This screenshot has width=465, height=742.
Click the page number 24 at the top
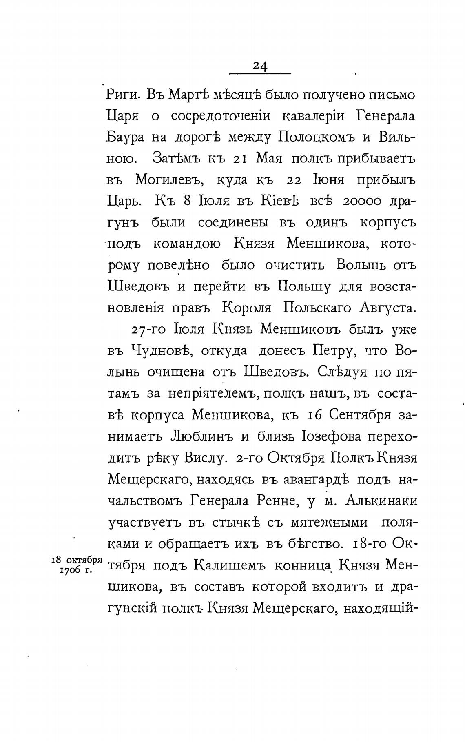pyautogui.click(x=260, y=66)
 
